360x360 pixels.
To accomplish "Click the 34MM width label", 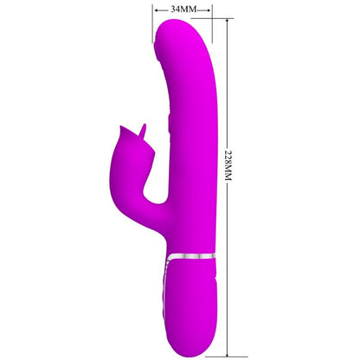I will click(x=183, y=9).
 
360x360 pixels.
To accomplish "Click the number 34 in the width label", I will click(x=176, y=9).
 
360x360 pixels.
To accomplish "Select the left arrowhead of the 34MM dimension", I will click(x=157, y=9).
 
